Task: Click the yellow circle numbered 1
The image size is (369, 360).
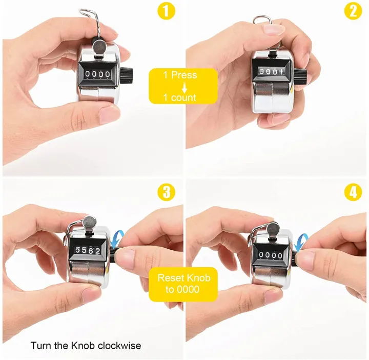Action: (x=166, y=11)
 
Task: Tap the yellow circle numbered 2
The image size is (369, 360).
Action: (x=353, y=11)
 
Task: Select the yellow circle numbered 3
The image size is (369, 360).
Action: (x=167, y=192)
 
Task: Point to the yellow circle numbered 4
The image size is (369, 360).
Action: (x=353, y=192)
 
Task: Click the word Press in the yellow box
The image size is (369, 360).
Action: (x=184, y=75)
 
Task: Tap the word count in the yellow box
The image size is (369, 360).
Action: (x=183, y=97)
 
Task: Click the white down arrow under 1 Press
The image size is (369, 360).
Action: (x=184, y=88)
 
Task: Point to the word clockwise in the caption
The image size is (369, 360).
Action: (x=119, y=346)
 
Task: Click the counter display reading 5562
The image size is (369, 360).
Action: (x=88, y=250)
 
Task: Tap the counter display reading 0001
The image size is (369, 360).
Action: (x=271, y=71)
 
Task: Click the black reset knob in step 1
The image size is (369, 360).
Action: (x=127, y=75)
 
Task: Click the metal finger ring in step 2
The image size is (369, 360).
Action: (x=263, y=21)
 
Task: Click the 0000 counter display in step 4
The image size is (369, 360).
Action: (x=271, y=255)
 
